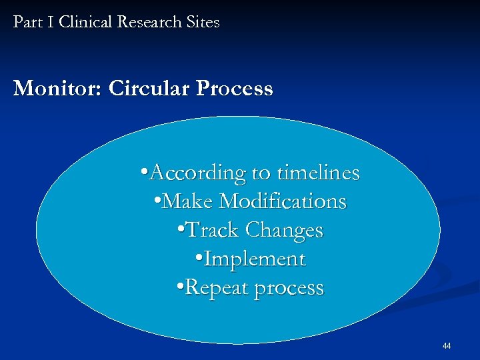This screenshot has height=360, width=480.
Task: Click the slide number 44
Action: coord(447,346)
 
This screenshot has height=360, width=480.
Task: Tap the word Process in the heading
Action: coord(233,89)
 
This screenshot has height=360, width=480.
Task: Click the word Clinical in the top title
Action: coord(85,22)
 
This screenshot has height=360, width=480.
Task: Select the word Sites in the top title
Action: coord(203,22)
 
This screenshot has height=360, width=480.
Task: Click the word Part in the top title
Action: coord(27,22)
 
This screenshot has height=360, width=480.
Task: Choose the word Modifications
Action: coord(283,201)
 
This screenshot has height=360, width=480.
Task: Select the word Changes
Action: coord(284,230)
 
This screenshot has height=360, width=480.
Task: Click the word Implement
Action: coord(254,259)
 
